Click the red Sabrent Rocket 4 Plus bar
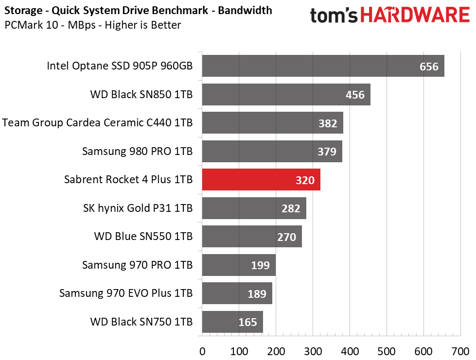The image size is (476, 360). [x=261, y=180]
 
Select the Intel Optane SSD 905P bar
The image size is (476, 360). [x=322, y=66]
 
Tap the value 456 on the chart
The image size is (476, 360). [x=355, y=95]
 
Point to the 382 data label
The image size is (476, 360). [x=328, y=123]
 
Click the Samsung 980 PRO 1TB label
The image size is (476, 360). [x=137, y=152]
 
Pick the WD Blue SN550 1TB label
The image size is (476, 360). [x=143, y=237]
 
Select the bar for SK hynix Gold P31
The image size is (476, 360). [x=254, y=208]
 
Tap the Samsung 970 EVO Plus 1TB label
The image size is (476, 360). [x=126, y=293]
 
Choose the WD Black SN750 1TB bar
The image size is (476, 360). [x=232, y=322]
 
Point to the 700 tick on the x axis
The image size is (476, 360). [x=460, y=351]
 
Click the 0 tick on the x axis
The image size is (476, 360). [x=202, y=351]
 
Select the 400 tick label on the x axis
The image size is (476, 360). [x=350, y=351]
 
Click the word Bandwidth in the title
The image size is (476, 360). [x=245, y=10]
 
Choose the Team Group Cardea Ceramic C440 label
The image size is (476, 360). [x=97, y=123]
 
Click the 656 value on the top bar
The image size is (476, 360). [x=429, y=67]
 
